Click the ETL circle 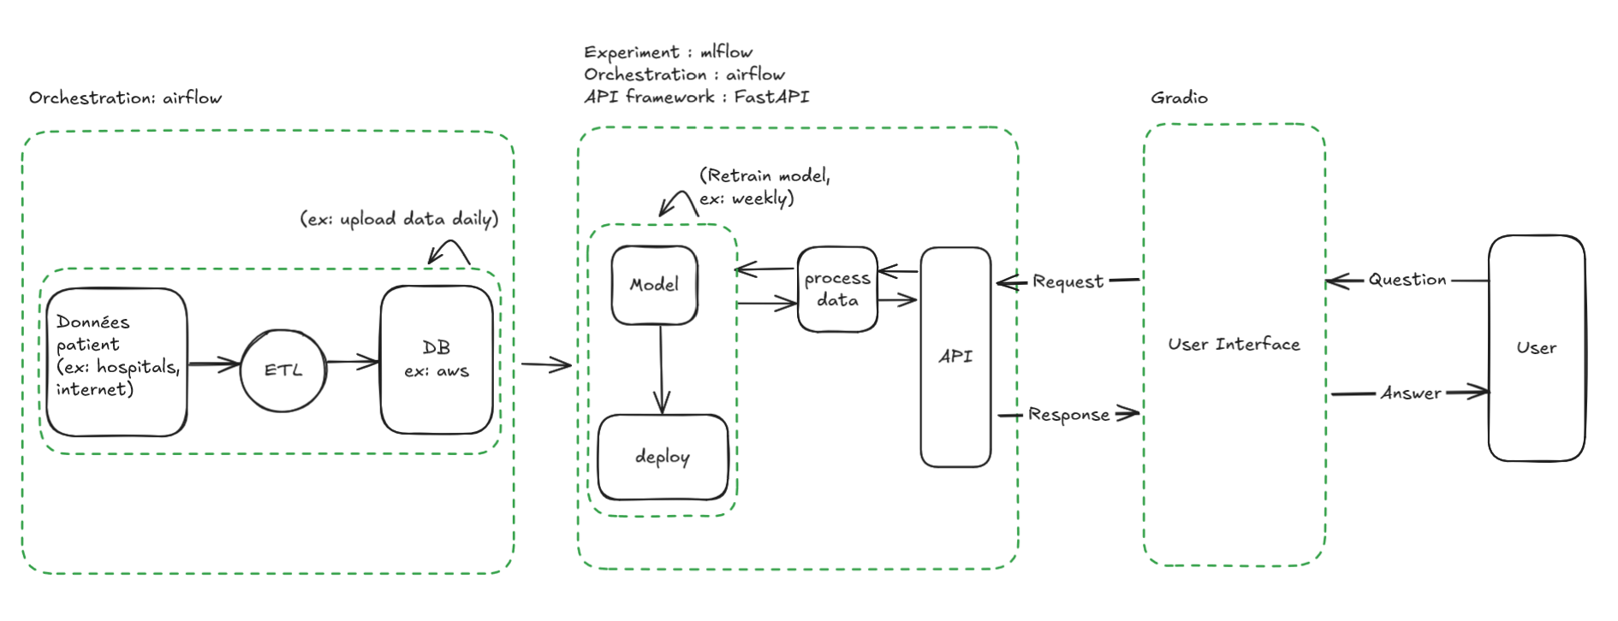[x=283, y=370]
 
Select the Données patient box [x=116, y=362]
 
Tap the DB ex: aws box [x=437, y=359]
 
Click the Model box [x=654, y=285]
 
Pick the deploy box [x=663, y=457]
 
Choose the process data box [x=837, y=289]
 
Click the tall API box [x=955, y=357]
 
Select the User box [x=1536, y=348]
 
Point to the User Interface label [x=1234, y=344]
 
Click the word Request [x=1068, y=281]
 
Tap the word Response [x=1068, y=415]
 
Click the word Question [x=1407, y=280]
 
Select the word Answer [x=1410, y=393]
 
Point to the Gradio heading [x=1179, y=98]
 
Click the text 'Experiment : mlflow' [x=668, y=52]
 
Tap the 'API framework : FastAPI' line [x=696, y=97]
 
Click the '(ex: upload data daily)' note [x=399, y=219]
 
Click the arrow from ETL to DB [x=353, y=362]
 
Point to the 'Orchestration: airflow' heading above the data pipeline [x=125, y=98]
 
